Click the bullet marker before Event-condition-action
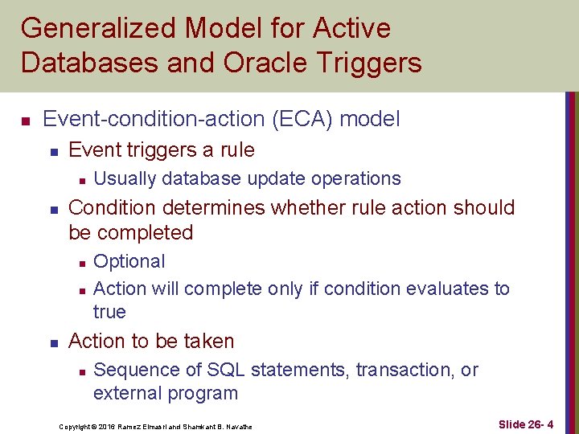[x=26, y=121]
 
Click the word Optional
[x=129, y=261]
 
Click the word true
[x=109, y=312]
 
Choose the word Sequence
[x=130, y=370]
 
